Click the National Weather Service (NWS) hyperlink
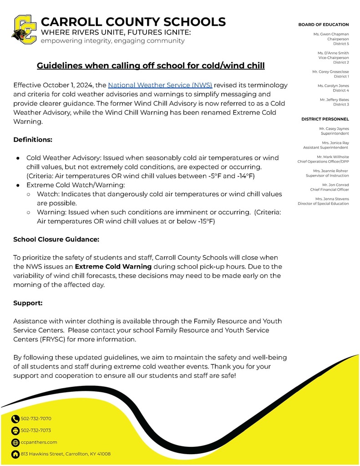pyautogui.click(x=160, y=85)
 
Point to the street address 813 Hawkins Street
pyautogui.click(x=66, y=454)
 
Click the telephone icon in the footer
pyautogui.click(x=15, y=419)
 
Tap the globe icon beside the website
pyautogui.click(x=15, y=442)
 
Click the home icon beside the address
pyautogui.click(x=15, y=454)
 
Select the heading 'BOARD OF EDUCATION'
pyautogui.click(x=323, y=25)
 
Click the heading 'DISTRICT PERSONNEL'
pyautogui.click(x=325, y=119)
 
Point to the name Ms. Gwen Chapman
pyautogui.click(x=331, y=34)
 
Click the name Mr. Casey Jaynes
pyautogui.click(x=334, y=129)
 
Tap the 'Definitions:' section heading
pyautogui.click(x=33, y=139)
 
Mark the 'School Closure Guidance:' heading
pyautogui.click(x=56, y=239)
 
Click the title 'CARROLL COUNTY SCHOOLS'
pyautogui.click(x=133, y=22)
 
